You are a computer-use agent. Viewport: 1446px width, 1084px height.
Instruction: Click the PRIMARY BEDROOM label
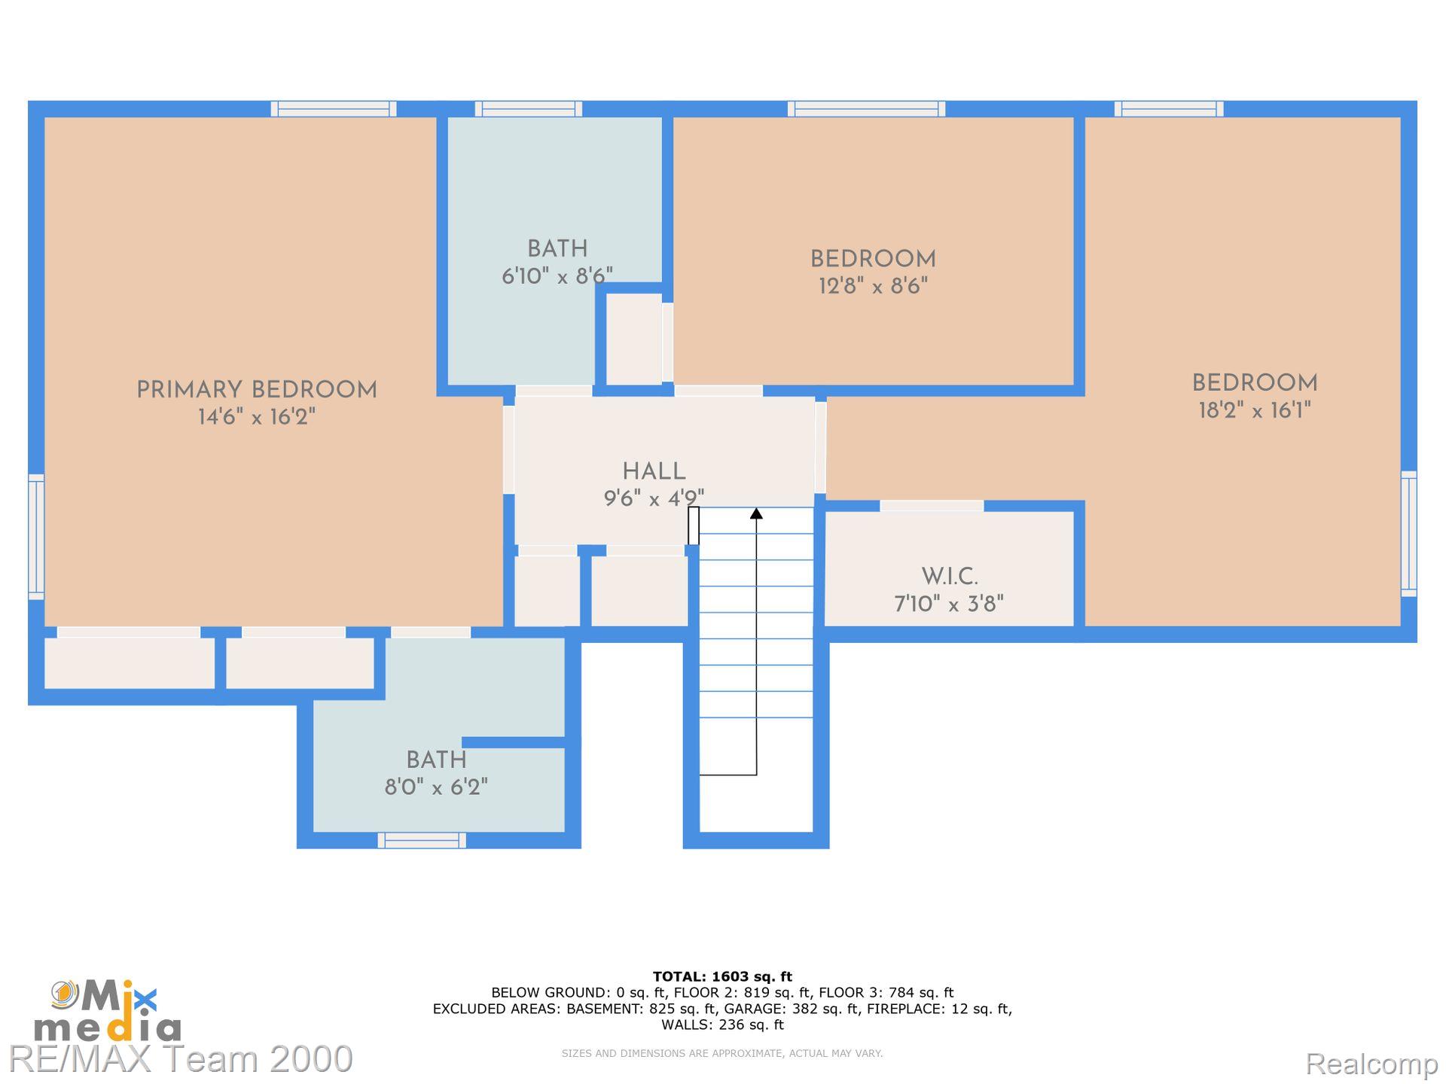point(256,390)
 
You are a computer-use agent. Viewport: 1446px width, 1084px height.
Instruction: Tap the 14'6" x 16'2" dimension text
point(256,416)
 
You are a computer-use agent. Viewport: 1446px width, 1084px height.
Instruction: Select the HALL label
point(654,471)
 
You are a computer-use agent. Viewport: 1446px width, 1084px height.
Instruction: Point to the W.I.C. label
point(950,577)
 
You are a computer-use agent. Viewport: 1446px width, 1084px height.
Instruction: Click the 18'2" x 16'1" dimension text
point(1255,410)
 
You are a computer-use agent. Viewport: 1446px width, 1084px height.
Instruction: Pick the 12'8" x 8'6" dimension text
point(873,286)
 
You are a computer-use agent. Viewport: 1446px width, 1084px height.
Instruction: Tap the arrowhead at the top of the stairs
point(756,513)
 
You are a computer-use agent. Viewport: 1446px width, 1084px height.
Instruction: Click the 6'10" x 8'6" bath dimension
point(557,276)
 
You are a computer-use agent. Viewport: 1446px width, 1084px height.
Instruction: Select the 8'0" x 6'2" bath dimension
point(436,787)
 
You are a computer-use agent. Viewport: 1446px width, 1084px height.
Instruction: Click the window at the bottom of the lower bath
point(422,840)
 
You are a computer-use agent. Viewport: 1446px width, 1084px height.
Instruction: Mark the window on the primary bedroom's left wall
point(36,537)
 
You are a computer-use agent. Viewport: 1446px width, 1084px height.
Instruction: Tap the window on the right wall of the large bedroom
point(1408,534)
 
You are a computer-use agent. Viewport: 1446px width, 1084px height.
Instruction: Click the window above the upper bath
point(528,108)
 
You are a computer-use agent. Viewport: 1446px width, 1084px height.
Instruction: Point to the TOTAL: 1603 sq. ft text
point(722,976)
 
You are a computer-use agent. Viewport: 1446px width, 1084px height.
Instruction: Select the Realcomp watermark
point(1371,1064)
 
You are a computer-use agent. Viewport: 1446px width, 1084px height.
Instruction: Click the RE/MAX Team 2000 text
point(181,1058)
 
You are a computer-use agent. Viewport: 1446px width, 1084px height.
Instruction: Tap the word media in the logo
point(108,1028)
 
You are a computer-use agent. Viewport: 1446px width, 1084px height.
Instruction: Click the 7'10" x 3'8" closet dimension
point(949,604)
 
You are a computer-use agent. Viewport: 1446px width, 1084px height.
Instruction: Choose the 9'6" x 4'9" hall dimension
point(654,498)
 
